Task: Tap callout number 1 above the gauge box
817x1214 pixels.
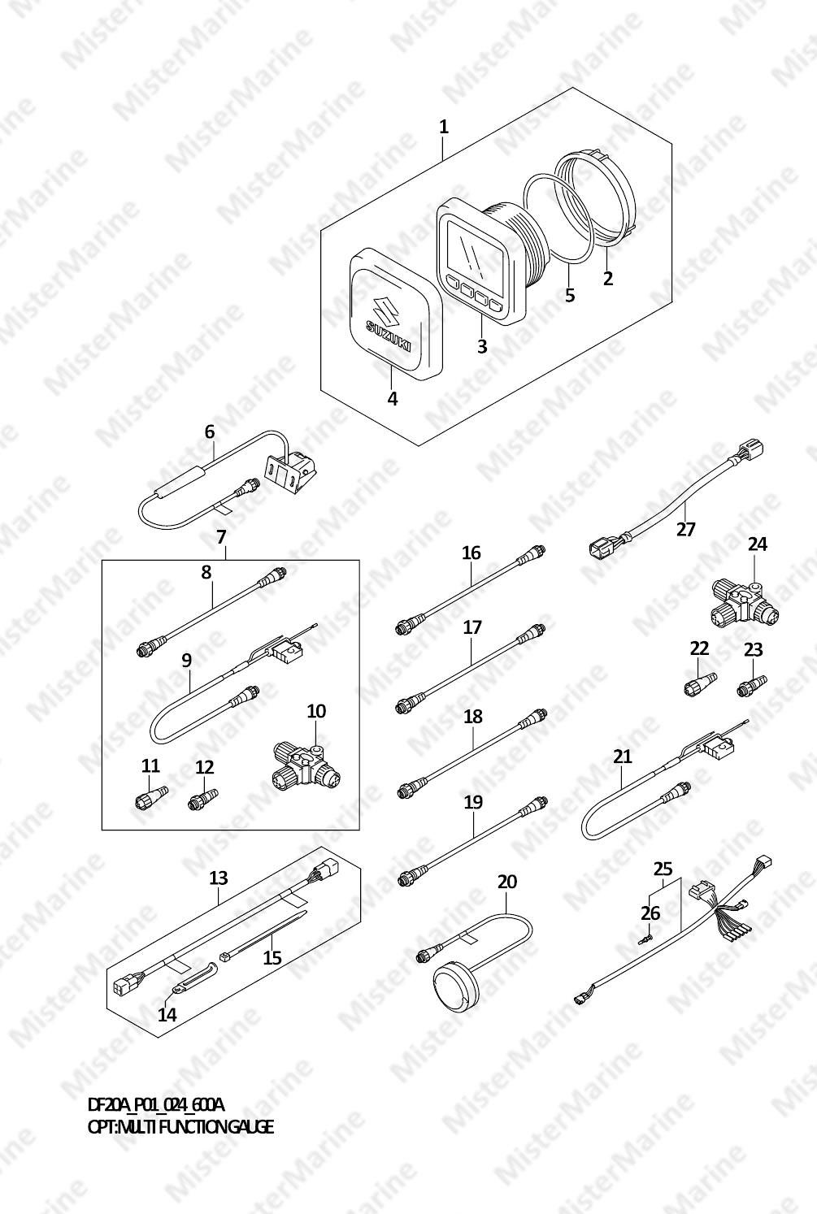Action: point(444,128)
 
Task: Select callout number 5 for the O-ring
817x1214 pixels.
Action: point(569,295)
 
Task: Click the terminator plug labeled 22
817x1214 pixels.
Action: point(700,683)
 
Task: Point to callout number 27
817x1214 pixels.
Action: point(685,528)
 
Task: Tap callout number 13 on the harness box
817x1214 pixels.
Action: point(219,878)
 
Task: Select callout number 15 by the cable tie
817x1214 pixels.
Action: point(272,958)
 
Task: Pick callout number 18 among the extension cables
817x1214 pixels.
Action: point(473,717)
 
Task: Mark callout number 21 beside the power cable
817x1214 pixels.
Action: point(623,756)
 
